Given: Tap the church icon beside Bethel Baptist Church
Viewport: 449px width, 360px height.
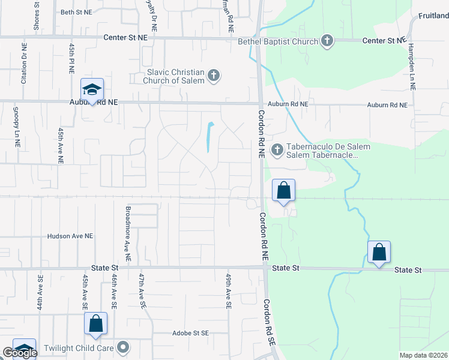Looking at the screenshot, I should point(327,41).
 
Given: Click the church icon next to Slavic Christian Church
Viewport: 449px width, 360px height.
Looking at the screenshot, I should point(214,76).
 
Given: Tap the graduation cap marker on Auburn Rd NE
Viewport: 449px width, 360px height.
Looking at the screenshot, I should point(92,90).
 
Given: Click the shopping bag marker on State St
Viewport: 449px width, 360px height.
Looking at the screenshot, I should point(379,252).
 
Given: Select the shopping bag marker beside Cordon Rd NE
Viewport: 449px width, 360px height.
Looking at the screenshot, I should point(284,191).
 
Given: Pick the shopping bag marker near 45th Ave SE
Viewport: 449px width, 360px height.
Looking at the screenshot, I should point(95,323).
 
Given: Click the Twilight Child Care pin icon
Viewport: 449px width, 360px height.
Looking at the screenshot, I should point(123,347).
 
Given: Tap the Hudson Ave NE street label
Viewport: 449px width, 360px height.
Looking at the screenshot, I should point(71,237).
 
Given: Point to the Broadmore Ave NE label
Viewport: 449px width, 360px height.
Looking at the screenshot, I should point(127,228).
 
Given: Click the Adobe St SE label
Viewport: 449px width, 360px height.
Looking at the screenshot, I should point(190,333).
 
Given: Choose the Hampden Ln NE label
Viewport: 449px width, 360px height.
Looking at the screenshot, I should point(412,67).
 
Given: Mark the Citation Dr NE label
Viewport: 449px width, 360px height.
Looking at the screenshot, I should point(24,63).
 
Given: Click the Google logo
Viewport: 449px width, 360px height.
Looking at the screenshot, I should point(20,353).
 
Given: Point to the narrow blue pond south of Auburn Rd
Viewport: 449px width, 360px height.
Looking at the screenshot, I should point(209,137).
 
